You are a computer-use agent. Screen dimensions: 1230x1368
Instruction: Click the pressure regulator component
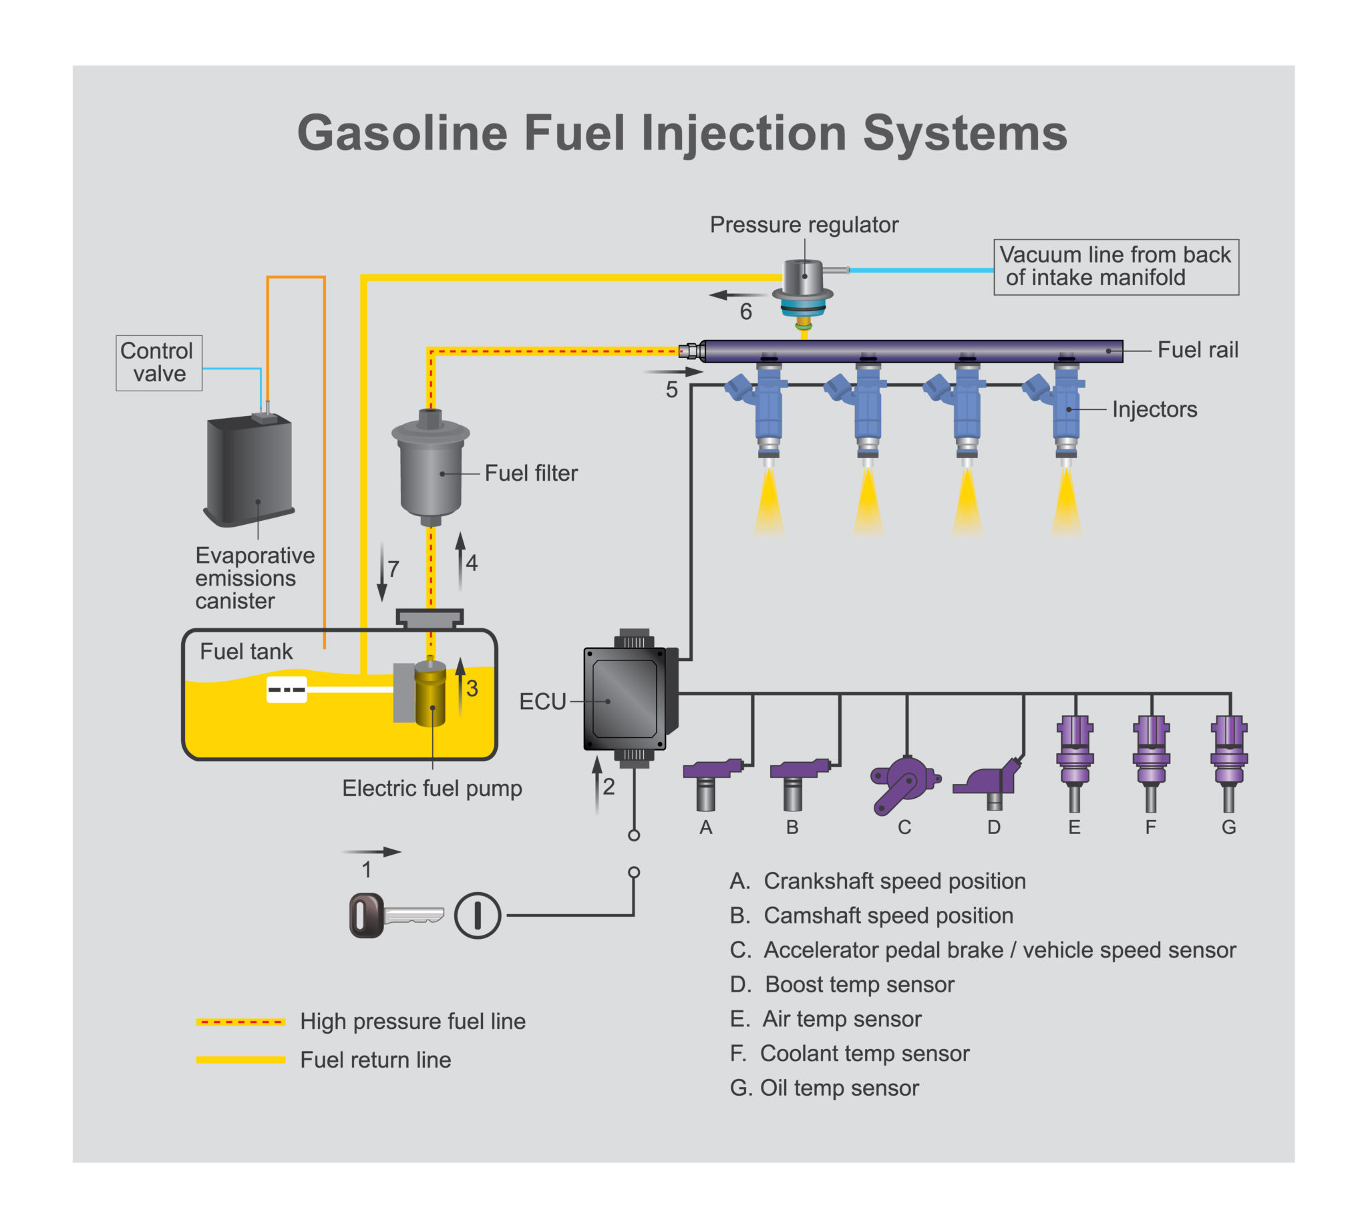802,287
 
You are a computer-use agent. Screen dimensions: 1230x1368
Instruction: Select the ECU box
625,700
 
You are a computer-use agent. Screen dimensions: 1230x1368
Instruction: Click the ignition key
395,915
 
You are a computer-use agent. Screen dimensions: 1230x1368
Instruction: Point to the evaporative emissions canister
249,469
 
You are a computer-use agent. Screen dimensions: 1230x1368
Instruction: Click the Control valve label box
159,363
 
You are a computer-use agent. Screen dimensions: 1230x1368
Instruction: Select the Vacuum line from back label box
1116,266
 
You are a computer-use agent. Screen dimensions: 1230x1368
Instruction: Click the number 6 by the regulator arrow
745,312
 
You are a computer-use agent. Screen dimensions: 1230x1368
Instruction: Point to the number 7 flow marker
393,568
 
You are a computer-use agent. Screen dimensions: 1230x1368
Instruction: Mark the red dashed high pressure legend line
240,1021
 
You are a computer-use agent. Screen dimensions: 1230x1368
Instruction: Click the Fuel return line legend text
375,1060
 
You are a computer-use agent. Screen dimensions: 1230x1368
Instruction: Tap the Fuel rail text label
1197,350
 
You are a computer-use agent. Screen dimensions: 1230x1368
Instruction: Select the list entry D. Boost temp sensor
842,984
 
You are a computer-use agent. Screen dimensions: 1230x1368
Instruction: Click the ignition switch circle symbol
477,915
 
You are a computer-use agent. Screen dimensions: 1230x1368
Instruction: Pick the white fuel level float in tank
287,689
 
